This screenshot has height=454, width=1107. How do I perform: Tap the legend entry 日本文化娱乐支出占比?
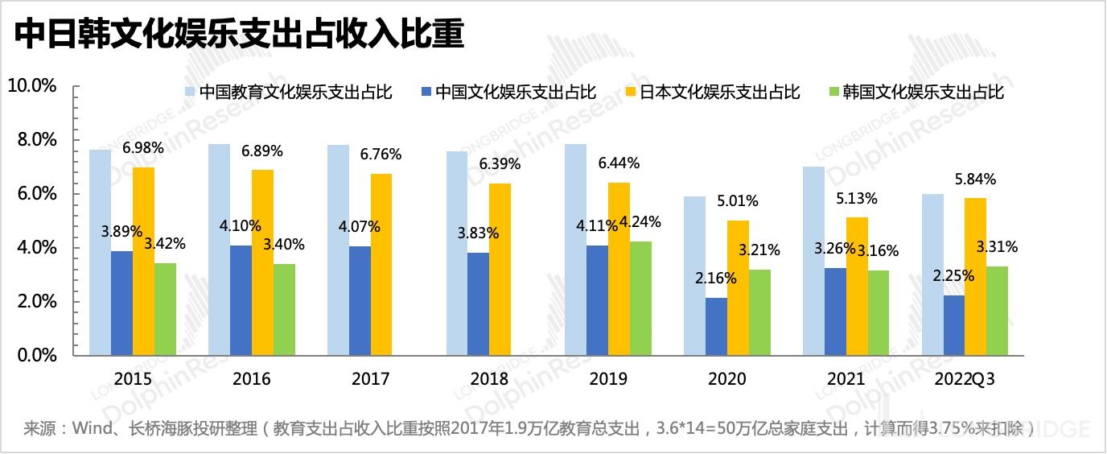coord(720,91)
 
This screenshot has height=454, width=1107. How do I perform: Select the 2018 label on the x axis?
coord(489,378)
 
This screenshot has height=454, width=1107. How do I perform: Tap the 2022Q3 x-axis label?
coord(965,378)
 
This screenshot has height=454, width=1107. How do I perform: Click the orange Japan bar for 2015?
coord(143,261)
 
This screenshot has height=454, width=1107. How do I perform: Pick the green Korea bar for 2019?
coord(640,298)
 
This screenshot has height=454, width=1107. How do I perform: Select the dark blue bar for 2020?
coord(716,326)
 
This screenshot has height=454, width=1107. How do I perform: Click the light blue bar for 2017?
coord(338,250)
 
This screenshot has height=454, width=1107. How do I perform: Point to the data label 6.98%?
coord(143,147)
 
